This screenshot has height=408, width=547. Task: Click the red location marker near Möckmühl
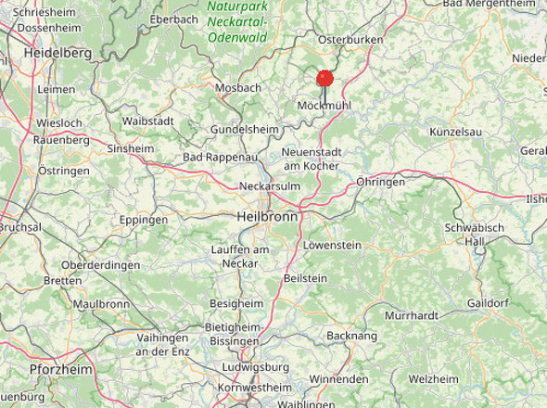pos(324,79)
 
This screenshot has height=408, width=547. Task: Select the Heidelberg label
pos(57,53)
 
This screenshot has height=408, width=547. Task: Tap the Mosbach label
pos(237,88)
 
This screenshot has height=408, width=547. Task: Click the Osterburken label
pos(350,40)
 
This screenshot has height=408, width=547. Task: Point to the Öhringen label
pos(380,182)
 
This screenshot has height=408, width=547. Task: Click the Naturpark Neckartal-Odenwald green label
pos(236,22)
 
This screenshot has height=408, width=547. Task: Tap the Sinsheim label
pos(131,148)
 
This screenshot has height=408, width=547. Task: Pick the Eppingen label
pos(144,220)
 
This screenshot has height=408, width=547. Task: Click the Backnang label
pos(352,335)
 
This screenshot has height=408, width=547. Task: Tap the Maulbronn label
pos(101,303)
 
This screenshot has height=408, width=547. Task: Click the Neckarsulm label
pos(270,185)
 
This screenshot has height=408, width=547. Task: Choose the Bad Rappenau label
pos(219,158)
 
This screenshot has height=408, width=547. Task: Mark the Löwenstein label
pos(332,246)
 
